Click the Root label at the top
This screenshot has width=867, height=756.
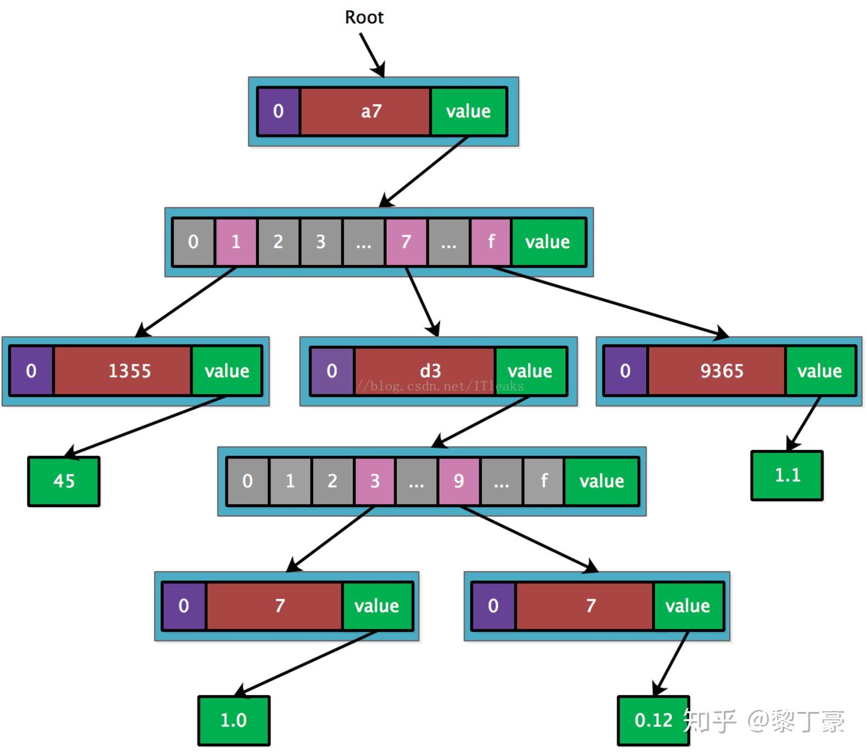(364, 17)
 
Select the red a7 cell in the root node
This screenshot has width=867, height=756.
(365, 111)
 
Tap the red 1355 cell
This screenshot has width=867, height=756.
(123, 370)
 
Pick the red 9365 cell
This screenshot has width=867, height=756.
(716, 370)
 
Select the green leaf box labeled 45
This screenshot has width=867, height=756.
(64, 481)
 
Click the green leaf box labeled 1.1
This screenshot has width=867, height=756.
(787, 475)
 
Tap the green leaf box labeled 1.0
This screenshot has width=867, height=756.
(234, 720)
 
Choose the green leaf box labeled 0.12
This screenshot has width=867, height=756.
(653, 720)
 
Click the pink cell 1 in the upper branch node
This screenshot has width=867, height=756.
(236, 242)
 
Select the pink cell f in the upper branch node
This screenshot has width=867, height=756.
(491, 242)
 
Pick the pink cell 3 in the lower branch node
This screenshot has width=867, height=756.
(374, 481)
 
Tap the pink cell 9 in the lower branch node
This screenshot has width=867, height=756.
(459, 481)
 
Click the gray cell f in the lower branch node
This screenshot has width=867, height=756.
(544, 481)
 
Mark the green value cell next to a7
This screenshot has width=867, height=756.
(468, 111)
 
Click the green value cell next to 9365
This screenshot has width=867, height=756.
(820, 370)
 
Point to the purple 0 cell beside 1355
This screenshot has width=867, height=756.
(31, 370)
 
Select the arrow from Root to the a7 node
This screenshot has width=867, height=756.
(372, 55)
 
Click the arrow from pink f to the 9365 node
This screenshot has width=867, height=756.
(608, 301)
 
